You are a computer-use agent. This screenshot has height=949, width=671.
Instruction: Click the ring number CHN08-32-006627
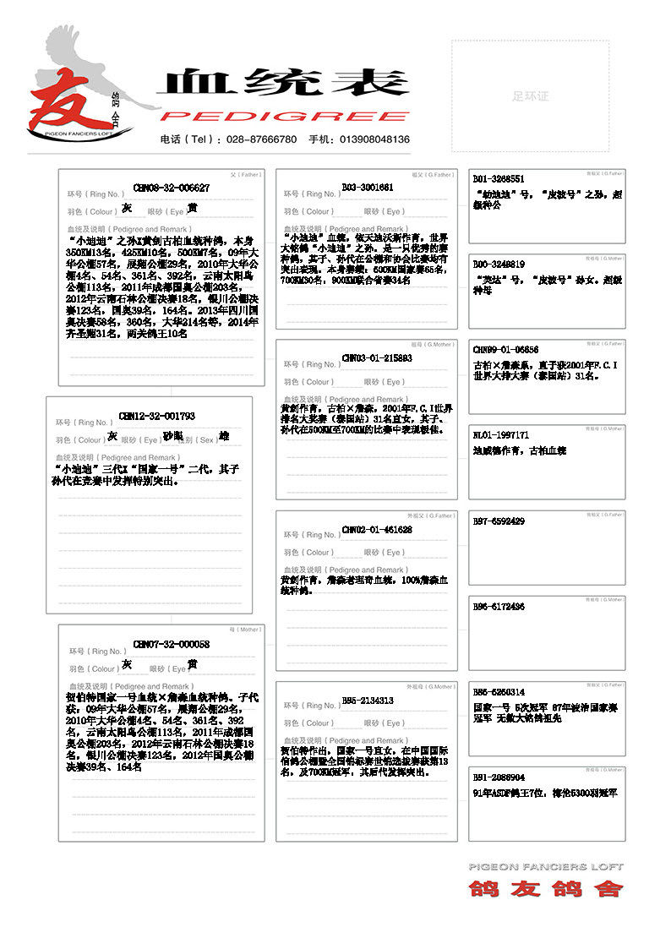coord(172,188)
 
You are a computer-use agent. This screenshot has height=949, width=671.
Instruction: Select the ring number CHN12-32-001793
coord(157,416)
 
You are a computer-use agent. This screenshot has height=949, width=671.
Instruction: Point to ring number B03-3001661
coord(368,187)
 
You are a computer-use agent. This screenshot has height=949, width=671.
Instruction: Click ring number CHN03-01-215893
coord(377,357)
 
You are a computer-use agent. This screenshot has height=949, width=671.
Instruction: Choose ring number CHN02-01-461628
coord(377,529)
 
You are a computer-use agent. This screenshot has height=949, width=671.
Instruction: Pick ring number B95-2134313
coord(368,700)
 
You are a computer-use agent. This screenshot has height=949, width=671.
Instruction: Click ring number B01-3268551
coord(499,179)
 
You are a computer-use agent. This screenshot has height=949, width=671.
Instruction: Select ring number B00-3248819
coord(499,265)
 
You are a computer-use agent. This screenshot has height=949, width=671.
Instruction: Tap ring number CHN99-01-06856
coord(505,349)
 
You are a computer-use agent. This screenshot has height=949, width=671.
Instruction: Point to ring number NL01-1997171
coord(501,434)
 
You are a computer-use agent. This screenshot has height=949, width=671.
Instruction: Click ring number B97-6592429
coord(499,521)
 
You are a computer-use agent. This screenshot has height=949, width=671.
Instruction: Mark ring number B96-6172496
coord(499,606)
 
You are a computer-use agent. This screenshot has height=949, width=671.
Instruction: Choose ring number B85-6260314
coord(499,691)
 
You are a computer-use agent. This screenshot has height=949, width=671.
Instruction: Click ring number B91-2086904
coord(499,777)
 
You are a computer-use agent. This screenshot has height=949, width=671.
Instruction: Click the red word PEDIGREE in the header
coord(285,116)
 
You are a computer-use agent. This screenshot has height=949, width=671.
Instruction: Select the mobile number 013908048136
coord(374,139)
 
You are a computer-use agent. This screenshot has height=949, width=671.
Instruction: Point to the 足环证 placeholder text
coord(530,96)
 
